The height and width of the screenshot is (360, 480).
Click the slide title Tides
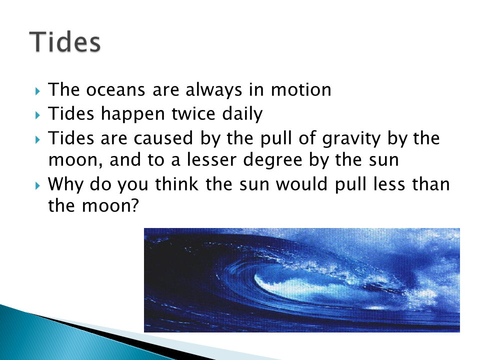65,41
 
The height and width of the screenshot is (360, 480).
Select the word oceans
115,89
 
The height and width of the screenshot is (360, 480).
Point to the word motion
301,89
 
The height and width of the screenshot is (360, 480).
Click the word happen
133,114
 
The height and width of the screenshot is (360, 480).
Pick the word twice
193,113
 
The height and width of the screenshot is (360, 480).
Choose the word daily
242,114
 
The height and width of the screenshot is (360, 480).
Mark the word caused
163,138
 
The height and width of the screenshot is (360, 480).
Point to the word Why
65,185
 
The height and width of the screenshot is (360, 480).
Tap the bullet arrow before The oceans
37,91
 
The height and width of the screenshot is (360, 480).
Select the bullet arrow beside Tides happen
37,115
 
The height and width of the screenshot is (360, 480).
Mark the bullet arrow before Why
37,185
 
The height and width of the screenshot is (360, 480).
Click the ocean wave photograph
302,280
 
